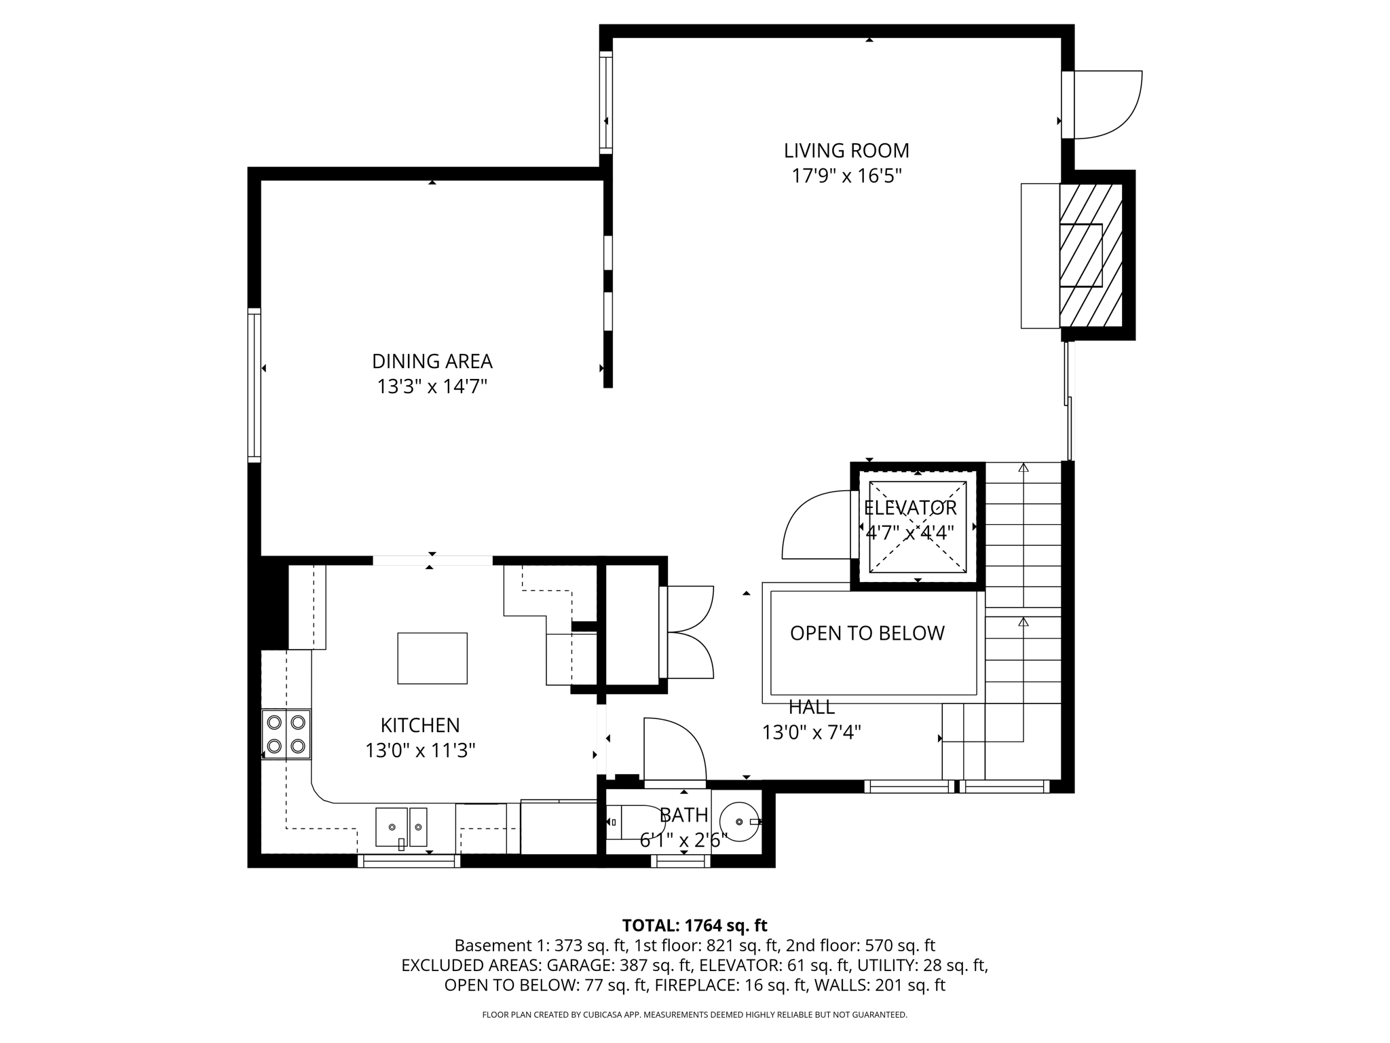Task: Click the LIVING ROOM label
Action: pyautogui.click(x=846, y=150)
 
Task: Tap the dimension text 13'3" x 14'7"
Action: pyautogui.click(x=432, y=386)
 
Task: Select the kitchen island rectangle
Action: pyautogui.click(x=432, y=658)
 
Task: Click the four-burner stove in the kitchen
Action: pyautogui.click(x=286, y=734)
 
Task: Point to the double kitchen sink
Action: pyautogui.click(x=402, y=827)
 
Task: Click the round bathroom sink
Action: pyautogui.click(x=739, y=822)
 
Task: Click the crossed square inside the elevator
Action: pyautogui.click(x=918, y=527)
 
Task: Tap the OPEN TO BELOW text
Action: pyautogui.click(x=867, y=633)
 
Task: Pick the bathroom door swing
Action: pyautogui.click(x=674, y=749)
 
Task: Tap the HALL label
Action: pyautogui.click(x=812, y=708)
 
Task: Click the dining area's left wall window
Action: pyautogui.click(x=255, y=385)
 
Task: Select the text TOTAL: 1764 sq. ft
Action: pyautogui.click(x=694, y=925)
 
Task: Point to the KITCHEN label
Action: pyautogui.click(x=420, y=725)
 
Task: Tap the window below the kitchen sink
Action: pyautogui.click(x=409, y=861)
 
